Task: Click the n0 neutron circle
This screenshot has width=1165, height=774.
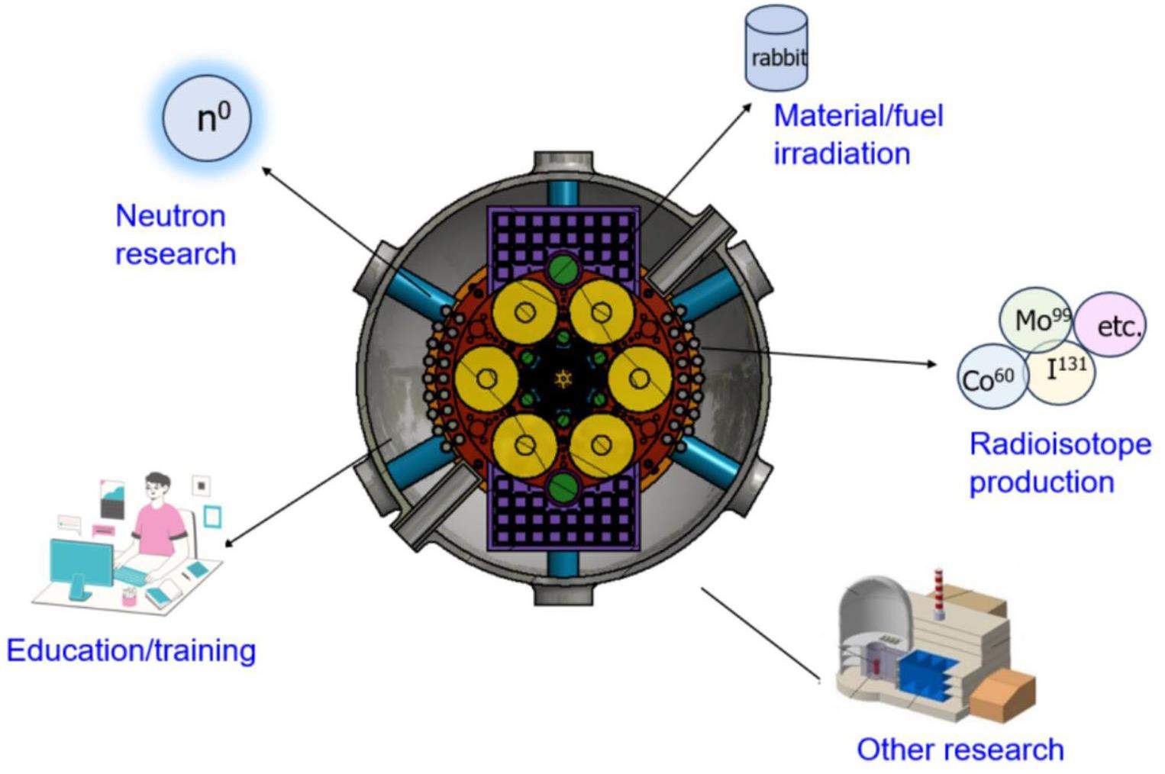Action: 207,118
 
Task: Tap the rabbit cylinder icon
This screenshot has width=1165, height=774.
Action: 776,50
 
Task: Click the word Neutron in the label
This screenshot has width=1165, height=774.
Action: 170,216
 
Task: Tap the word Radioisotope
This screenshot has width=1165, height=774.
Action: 1060,444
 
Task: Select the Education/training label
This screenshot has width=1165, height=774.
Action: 131,650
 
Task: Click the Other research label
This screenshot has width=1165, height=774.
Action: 960,750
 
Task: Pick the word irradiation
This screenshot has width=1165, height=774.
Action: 841,153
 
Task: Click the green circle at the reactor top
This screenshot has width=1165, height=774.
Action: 563,267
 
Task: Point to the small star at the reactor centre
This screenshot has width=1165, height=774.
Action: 563,378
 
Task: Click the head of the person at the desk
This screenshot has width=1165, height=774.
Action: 157,486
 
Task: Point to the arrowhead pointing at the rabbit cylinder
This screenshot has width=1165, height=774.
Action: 747,108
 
